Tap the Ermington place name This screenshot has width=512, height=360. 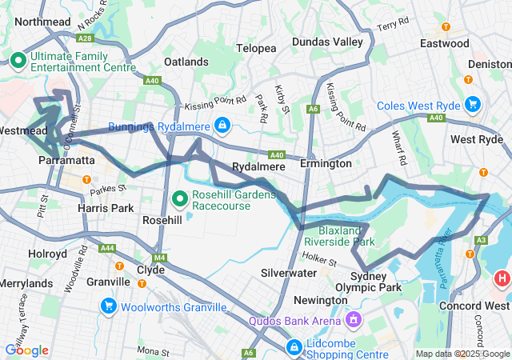click(326, 163)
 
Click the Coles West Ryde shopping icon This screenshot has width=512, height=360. click(472, 103)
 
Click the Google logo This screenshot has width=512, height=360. click(26, 350)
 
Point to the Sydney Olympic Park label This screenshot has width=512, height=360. click(375, 282)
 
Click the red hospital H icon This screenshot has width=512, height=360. click(502, 278)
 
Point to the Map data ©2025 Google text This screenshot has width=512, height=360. click(462, 354)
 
